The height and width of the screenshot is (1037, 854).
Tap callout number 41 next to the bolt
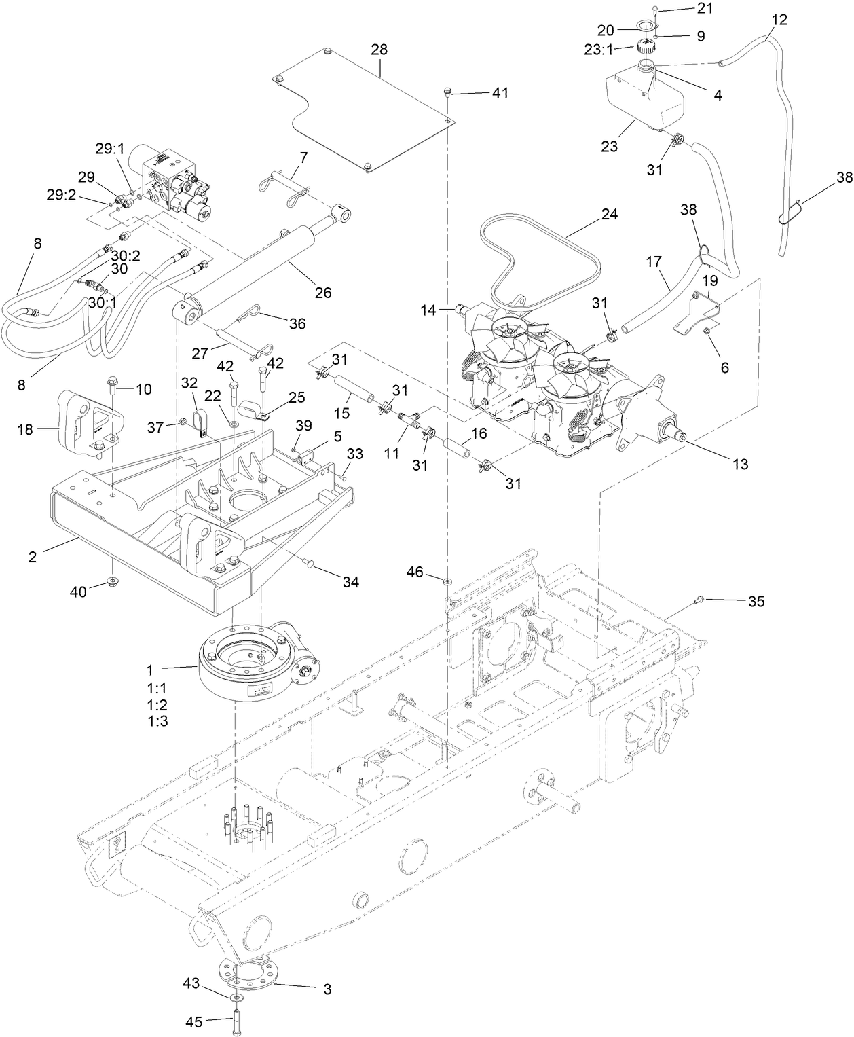click(x=500, y=93)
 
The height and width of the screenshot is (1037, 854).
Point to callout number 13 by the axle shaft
click(x=740, y=464)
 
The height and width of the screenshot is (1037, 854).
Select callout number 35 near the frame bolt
click(x=756, y=601)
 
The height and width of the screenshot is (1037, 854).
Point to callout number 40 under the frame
click(x=79, y=592)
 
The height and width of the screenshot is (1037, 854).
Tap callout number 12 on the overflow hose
click(x=779, y=20)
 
